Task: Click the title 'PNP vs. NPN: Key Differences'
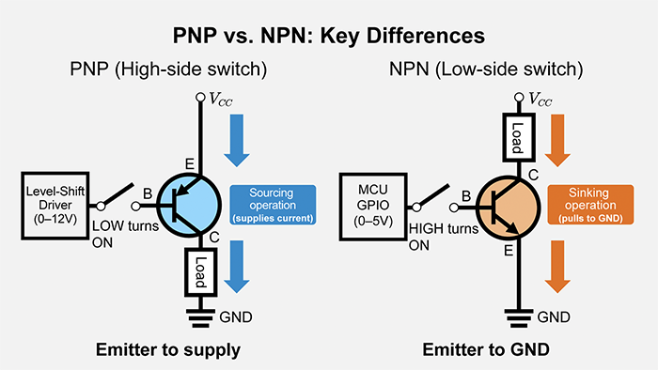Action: pos(329,36)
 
